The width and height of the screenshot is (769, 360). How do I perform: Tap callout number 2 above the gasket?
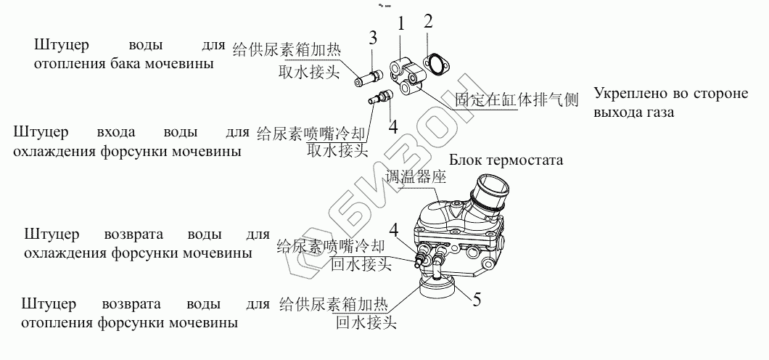click(428, 21)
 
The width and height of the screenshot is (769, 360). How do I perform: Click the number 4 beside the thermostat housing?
click(394, 232)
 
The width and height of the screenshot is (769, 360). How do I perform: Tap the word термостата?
click(530, 160)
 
